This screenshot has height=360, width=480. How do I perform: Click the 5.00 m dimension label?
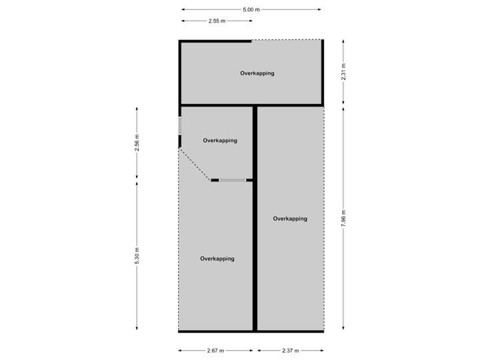tap(251, 9)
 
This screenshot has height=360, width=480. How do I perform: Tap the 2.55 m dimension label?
tap(217, 21)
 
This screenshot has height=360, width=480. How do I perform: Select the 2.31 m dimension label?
tap(343, 71)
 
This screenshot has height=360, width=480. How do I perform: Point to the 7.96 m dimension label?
tap(343, 219)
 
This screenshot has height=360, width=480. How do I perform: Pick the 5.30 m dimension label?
tap(137, 256)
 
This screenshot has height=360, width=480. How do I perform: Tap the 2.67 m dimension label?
tap(216, 351)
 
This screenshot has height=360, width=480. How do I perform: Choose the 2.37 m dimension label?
tap(291, 351)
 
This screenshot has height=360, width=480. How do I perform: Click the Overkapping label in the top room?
tap(257, 73)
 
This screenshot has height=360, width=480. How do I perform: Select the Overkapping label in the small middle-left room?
tap(220, 141)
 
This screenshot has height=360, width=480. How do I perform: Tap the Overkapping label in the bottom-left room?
tap(217, 259)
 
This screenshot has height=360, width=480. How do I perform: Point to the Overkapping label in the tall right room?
tap(291, 219)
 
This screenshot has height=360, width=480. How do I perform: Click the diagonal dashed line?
tap(194, 165)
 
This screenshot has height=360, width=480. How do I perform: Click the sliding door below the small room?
tap(233, 180)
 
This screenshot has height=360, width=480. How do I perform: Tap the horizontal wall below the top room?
tap(252, 105)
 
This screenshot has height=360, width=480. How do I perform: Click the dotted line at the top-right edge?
tap(287, 40)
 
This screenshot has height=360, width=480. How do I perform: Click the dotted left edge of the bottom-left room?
tap(178, 253)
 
